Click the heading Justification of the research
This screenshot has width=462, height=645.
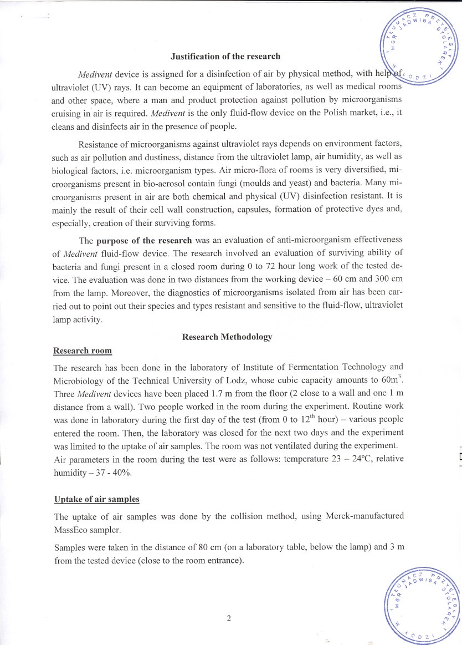point(225,57)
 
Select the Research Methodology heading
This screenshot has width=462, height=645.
point(227,337)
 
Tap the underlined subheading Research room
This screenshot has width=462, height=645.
point(83,351)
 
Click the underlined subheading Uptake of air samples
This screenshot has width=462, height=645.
point(96,499)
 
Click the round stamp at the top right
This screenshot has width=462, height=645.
point(420,47)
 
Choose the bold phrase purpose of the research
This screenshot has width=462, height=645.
point(144,241)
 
